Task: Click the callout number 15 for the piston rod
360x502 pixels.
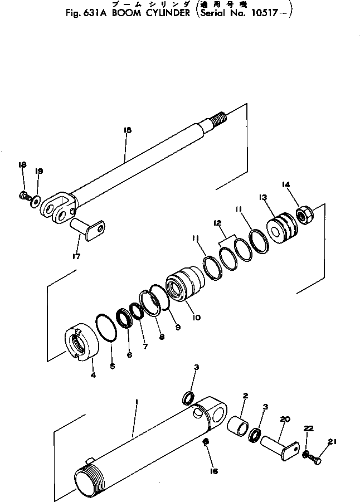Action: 127,130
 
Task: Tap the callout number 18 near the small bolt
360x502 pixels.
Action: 22,165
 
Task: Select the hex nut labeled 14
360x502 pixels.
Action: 305,214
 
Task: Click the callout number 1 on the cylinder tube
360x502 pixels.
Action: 135,401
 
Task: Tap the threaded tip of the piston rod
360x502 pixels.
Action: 220,119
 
